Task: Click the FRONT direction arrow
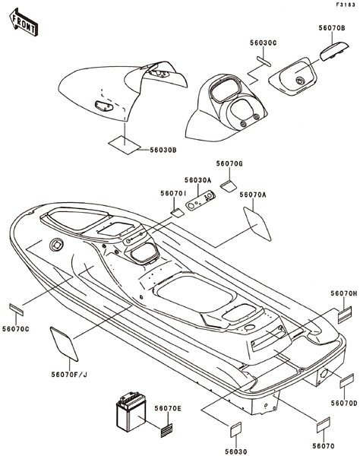[24, 22]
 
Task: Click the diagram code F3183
[346, 5]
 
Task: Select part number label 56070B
[332, 28]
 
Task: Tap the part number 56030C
[264, 43]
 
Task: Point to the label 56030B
[163, 150]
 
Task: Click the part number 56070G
[229, 163]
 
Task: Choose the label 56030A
[198, 180]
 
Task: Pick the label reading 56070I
[173, 193]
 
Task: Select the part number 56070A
[253, 195]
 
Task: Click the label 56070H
[344, 293]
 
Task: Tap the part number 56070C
[16, 329]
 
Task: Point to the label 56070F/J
[69, 375]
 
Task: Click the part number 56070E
[168, 409]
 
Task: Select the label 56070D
[344, 404]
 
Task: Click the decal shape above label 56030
[236, 429]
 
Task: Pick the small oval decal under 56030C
[264, 62]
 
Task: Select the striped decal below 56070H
[345, 315]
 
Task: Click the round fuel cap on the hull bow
[56, 245]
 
